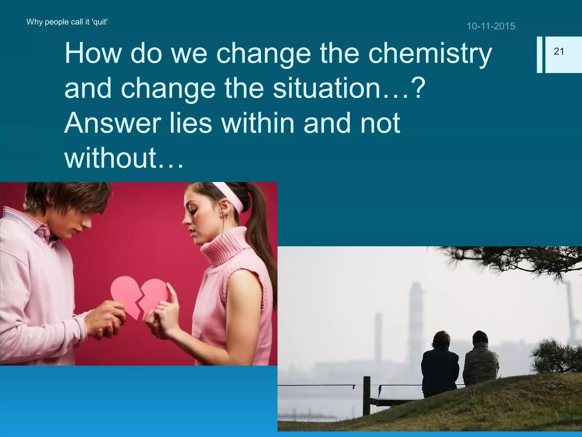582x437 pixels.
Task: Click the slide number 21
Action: click(x=559, y=51)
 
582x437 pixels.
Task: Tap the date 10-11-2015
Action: click(x=491, y=26)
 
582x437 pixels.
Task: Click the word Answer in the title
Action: click(x=113, y=123)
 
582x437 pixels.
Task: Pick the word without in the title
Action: click(x=111, y=158)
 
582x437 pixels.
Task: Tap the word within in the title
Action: click(x=258, y=123)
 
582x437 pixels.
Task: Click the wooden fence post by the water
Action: click(x=367, y=395)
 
